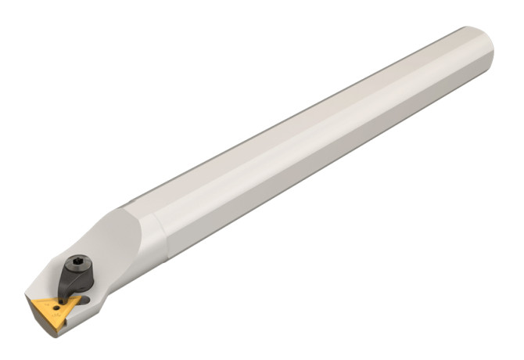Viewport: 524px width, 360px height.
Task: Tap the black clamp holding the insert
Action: coord(74,275)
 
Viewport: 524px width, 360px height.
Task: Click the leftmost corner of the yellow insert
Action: coord(30,299)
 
